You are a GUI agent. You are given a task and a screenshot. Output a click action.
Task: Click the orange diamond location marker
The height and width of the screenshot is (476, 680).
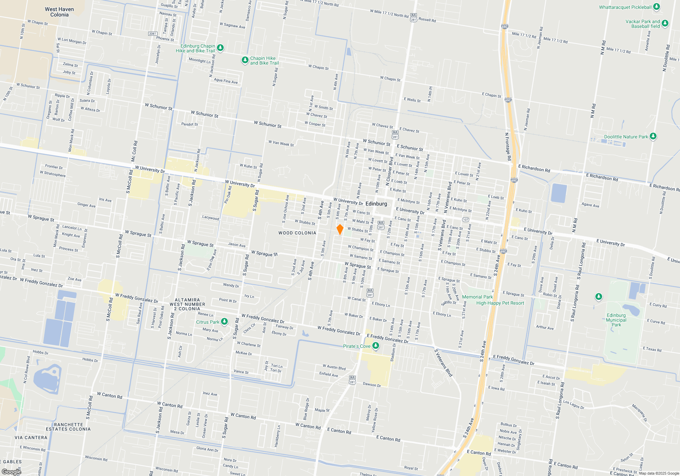coord(340,230)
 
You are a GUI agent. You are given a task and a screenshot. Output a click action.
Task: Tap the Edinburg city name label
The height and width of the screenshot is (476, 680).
coord(376,204)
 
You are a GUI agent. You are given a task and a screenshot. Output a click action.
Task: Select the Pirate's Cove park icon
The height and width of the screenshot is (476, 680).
coord(376,346)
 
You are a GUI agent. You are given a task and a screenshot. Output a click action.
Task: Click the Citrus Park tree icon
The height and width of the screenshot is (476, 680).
coord(224,321)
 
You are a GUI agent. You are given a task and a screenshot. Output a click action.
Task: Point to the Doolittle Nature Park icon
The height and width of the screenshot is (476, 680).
coord(653,136)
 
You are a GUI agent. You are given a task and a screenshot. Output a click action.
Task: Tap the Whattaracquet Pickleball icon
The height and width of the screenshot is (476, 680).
coord(657,7)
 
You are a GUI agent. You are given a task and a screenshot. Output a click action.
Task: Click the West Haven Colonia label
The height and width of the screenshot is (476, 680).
coord(59,12)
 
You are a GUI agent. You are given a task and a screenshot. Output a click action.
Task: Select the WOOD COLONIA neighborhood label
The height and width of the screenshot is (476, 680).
coord(297,233)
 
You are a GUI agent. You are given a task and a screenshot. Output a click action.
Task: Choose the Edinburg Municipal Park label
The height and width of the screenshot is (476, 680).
coord(616,320)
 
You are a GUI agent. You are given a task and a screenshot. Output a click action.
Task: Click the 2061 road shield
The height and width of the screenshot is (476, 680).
coord(153,34)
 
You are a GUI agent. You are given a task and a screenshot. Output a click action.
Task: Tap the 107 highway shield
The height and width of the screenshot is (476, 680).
coord(465,220)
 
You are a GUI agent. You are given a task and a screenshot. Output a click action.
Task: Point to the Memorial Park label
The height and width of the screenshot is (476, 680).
coord(477,297)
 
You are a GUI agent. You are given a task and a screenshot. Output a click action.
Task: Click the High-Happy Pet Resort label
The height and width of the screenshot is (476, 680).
coord(500,303)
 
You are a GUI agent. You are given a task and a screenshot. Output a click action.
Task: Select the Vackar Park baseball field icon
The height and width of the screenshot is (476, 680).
coord(665,23)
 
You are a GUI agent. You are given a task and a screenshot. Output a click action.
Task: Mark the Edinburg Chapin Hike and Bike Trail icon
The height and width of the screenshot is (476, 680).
coord(220,48)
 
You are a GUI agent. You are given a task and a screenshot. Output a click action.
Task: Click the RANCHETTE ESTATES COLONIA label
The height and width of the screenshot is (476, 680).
coord(68,427)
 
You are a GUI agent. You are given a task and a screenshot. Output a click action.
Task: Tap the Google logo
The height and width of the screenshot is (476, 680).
coord(12,472)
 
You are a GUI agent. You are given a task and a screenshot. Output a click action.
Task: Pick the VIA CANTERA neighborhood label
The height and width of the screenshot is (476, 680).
coord(31,438)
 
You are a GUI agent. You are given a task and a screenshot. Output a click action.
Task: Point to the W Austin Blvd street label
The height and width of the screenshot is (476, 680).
coord(334,367)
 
